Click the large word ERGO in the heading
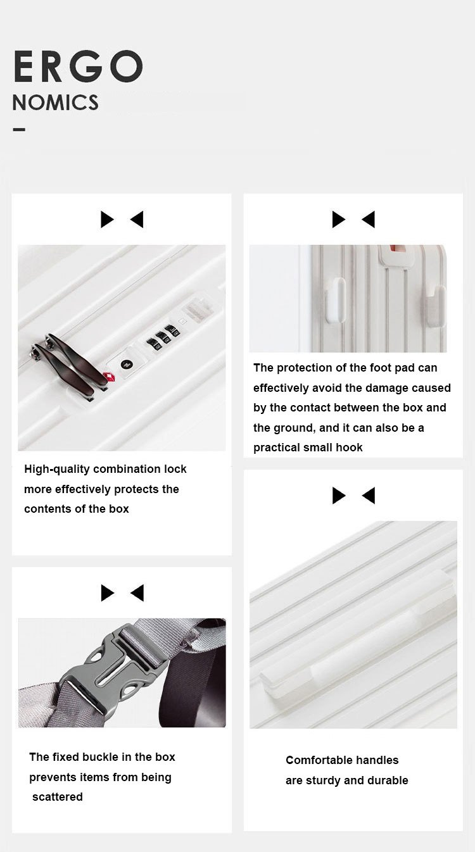(x=78, y=66)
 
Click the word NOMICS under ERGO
(x=56, y=103)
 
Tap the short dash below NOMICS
(x=19, y=130)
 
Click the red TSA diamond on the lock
(x=109, y=377)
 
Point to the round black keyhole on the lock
(x=126, y=365)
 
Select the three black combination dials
(x=163, y=337)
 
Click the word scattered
(x=58, y=797)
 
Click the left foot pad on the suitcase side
(x=335, y=300)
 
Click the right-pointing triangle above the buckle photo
(x=107, y=592)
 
